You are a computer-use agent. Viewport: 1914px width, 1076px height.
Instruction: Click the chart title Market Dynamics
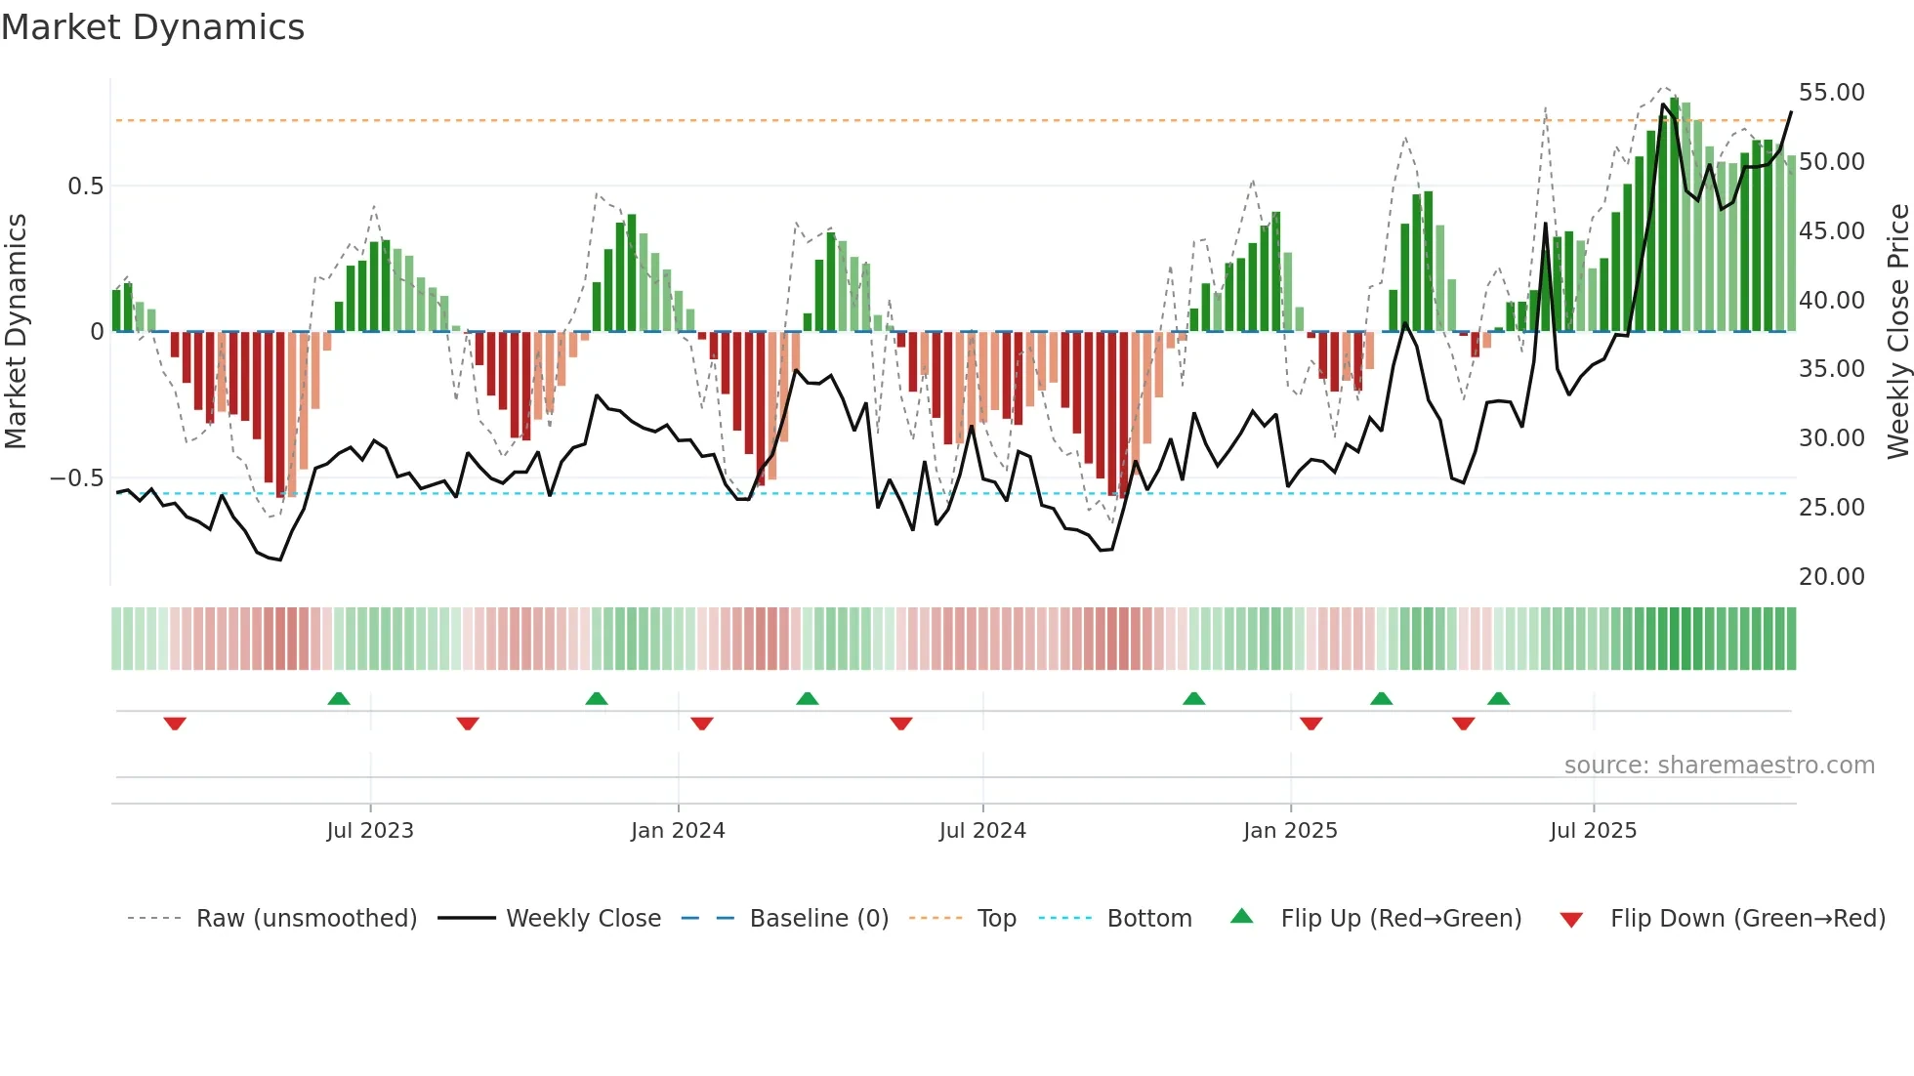pos(152,27)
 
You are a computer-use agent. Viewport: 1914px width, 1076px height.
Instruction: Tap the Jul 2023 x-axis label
pos(370,831)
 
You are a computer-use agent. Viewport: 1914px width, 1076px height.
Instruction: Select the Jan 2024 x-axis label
pos(678,831)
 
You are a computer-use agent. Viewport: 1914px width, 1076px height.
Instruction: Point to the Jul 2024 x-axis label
pos(982,831)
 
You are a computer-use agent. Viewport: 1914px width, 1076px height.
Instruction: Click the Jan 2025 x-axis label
pos(1290,831)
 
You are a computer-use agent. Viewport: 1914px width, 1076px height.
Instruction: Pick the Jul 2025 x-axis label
pos(1593,831)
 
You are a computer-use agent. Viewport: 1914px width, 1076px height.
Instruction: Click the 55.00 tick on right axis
pos(1831,93)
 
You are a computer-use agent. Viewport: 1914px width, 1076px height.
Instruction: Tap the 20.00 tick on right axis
pos(1831,577)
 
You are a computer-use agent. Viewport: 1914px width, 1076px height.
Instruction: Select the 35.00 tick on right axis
pos(1831,369)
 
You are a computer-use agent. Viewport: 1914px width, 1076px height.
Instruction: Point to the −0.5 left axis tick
pos(76,478)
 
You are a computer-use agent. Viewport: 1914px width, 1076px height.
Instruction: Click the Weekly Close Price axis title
pos(1897,331)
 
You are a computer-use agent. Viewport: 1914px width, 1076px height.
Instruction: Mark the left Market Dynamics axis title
pos(16,331)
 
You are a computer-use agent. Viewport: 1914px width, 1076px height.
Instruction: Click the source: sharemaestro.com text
pos(1719,766)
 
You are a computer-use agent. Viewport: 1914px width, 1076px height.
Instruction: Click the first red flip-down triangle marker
pos(175,724)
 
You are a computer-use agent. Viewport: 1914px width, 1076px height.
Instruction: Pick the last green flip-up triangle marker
pos(1498,698)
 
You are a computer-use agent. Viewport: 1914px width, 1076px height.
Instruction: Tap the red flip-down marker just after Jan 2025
pos(1311,724)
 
